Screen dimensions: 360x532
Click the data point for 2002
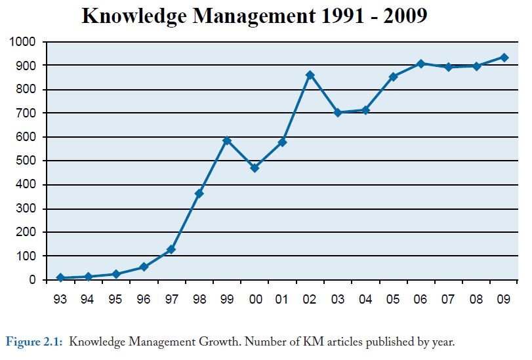(310, 75)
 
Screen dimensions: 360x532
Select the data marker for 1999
(227, 140)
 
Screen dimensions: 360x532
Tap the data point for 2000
(255, 168)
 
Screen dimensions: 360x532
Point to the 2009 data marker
(504, 57)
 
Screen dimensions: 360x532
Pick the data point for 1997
(171, 249)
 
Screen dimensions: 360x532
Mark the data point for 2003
(338, 113)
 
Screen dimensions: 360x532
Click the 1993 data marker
(60, 278)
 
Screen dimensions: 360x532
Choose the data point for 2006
(420, 64)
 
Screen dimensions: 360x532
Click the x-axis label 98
(199, 300)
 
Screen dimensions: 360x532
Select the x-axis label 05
(393, 300)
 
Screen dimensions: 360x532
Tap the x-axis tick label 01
(282, 300)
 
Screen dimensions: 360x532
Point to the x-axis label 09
(504, 300)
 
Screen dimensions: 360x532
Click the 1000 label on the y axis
(24, 42)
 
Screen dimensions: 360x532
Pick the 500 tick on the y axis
(27, 161)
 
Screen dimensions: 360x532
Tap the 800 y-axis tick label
(27, 89)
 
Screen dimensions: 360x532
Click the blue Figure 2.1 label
(35, 342)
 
